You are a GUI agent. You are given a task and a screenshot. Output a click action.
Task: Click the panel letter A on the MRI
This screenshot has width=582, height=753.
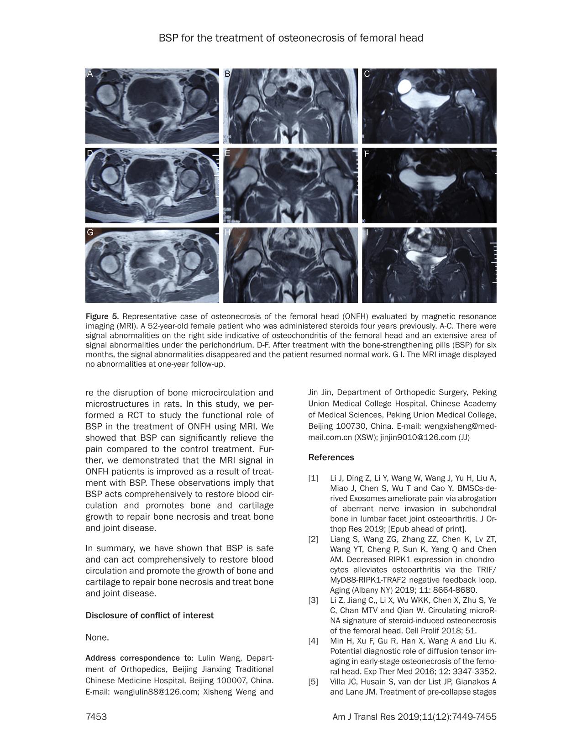click(90, 74)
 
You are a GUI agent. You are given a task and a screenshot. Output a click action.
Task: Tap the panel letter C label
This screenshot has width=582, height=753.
click(367, 74)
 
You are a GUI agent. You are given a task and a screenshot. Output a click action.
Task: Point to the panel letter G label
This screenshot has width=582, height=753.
click(90, 232)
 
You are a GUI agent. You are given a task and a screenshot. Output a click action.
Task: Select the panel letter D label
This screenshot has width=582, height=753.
click(90, 153)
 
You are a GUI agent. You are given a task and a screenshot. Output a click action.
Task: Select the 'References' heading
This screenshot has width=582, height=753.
click(331, 458)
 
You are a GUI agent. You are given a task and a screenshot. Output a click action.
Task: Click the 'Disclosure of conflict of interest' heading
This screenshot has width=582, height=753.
click(149, 616)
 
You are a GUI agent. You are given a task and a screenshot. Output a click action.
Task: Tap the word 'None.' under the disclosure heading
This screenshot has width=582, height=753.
click(97, 637)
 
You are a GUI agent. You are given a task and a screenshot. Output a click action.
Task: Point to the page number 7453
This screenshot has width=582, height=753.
click(96, 717)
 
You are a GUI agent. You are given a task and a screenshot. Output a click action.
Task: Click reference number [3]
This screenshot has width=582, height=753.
click(313, 600)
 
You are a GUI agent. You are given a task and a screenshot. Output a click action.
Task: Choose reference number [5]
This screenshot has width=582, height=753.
click(313, 682)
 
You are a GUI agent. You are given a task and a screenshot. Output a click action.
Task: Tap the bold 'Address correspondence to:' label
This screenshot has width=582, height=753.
click(139, 658)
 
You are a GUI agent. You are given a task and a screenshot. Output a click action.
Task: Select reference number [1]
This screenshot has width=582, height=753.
click(313, 478)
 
